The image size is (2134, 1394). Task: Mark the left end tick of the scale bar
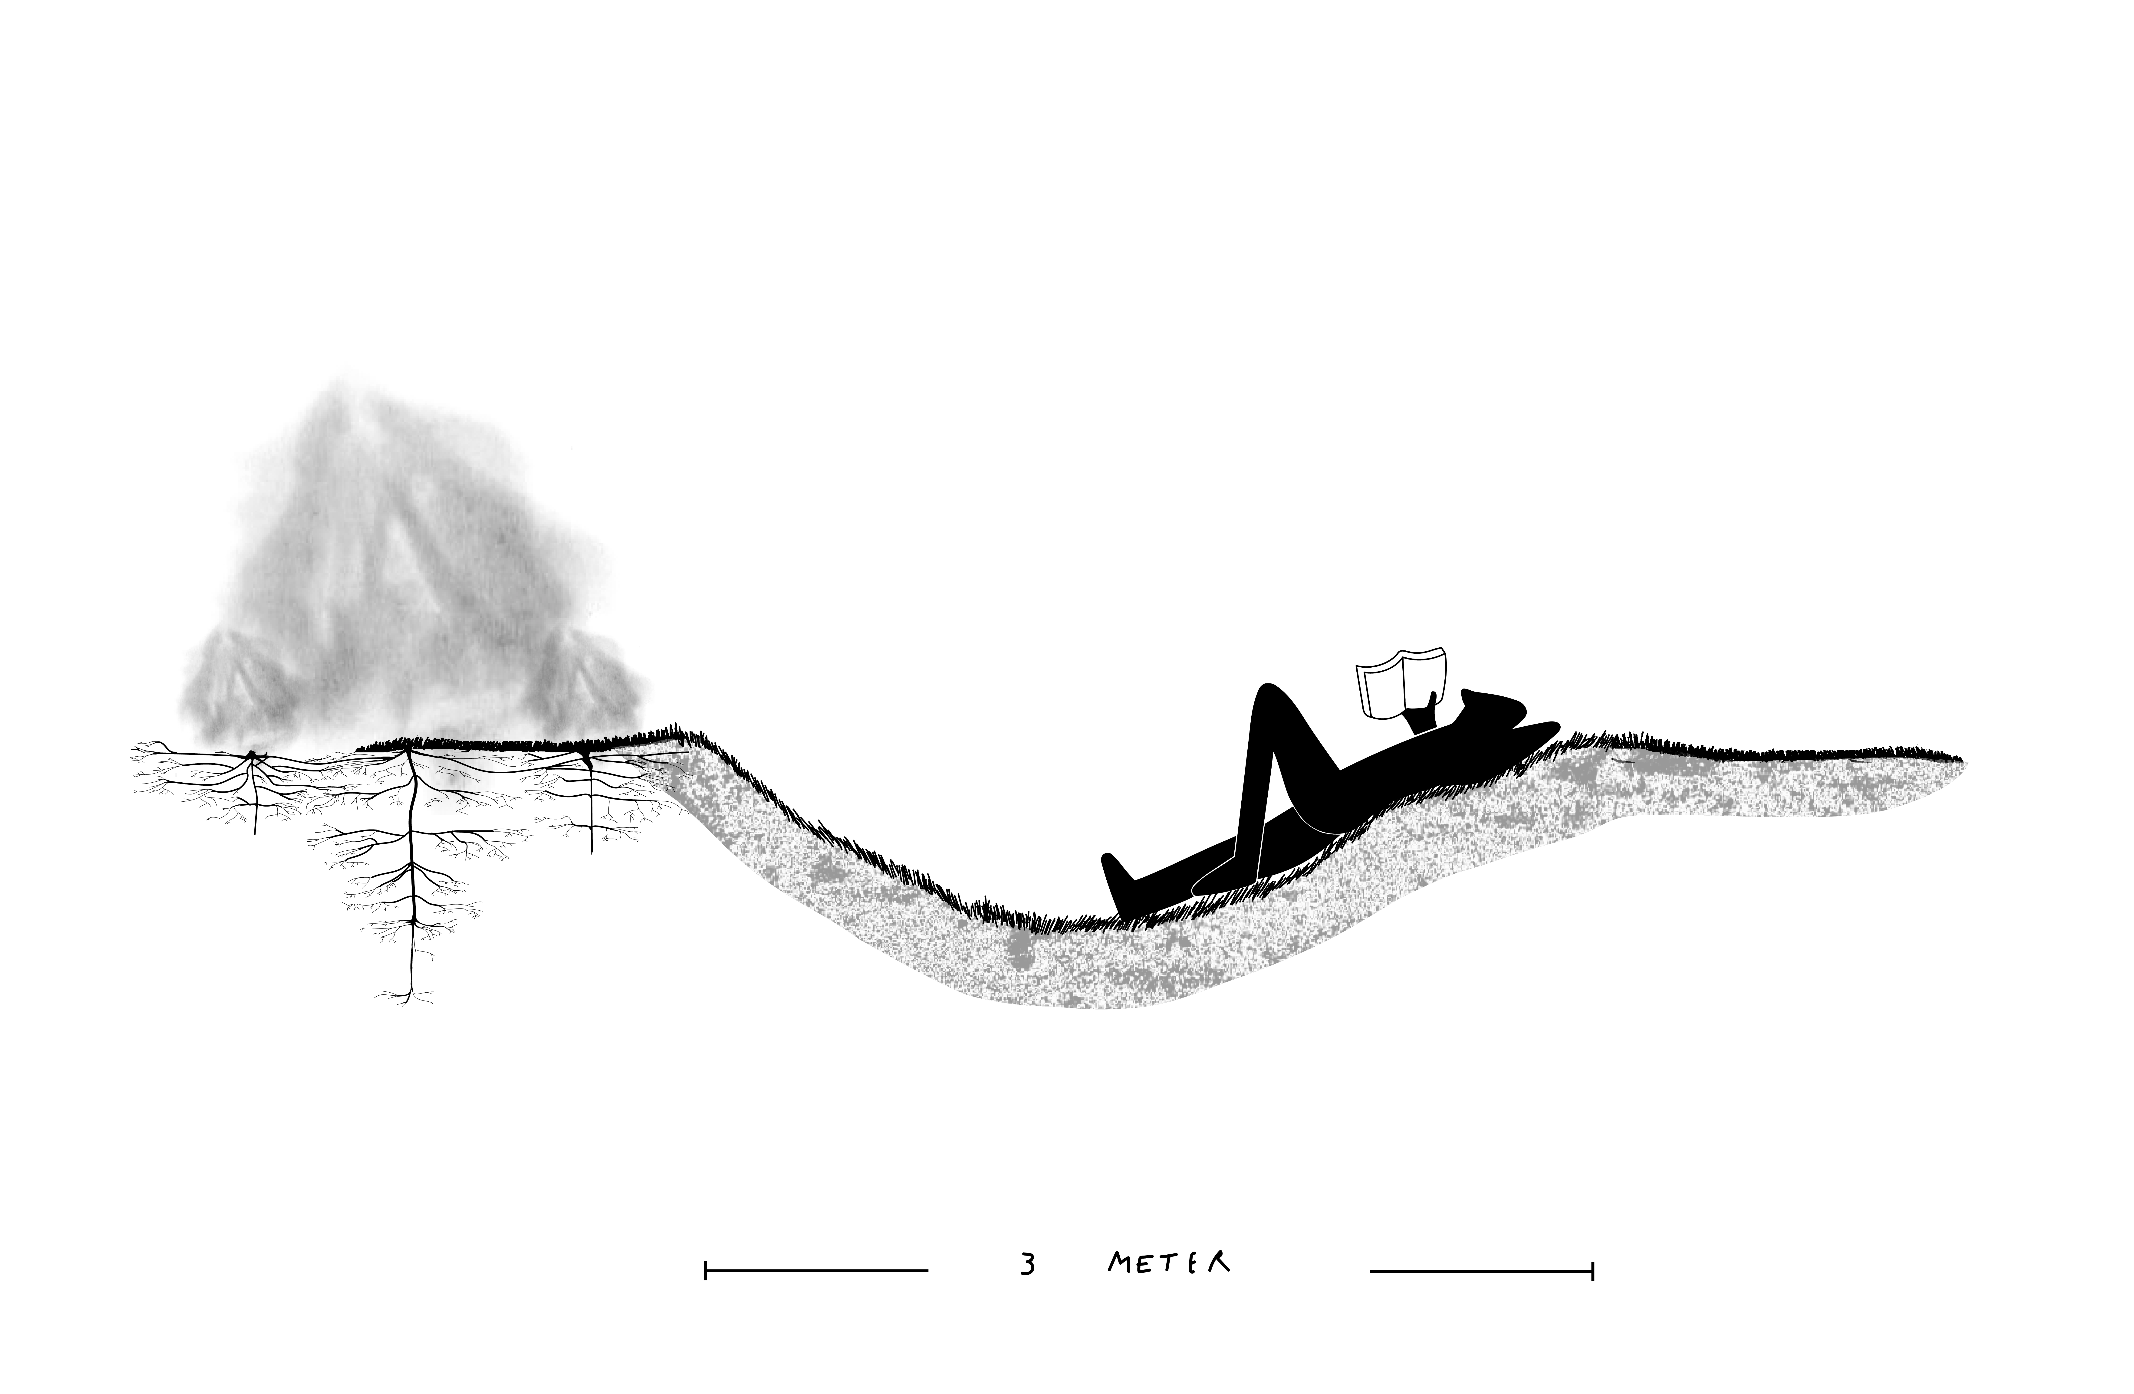tap(707, 1270)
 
